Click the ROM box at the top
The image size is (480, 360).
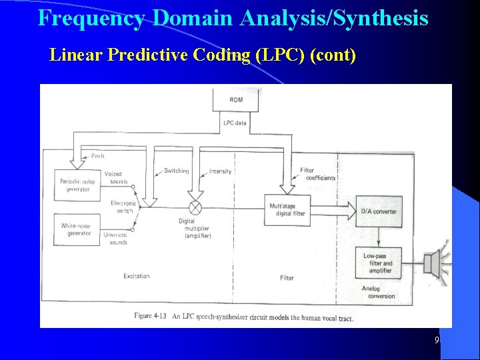[x=236, y=100]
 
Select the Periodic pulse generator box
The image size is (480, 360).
[x=76, y=185]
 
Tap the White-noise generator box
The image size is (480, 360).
[x=77, y=230]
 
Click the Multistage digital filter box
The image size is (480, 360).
[x=288, y=209]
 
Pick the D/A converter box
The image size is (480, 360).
[x=379, y=211]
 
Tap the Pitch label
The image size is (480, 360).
[x=97, y=156]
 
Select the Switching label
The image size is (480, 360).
[x=177, y=171]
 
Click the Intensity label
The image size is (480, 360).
[x=221, y=171]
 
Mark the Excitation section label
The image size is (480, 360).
[x=137, y=276]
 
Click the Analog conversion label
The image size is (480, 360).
[x=378, y=292]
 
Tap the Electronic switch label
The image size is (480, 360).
[x=124, y=207]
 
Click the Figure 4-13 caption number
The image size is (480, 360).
[x=150, y=315]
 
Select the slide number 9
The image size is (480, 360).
[x=437, y=341]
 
